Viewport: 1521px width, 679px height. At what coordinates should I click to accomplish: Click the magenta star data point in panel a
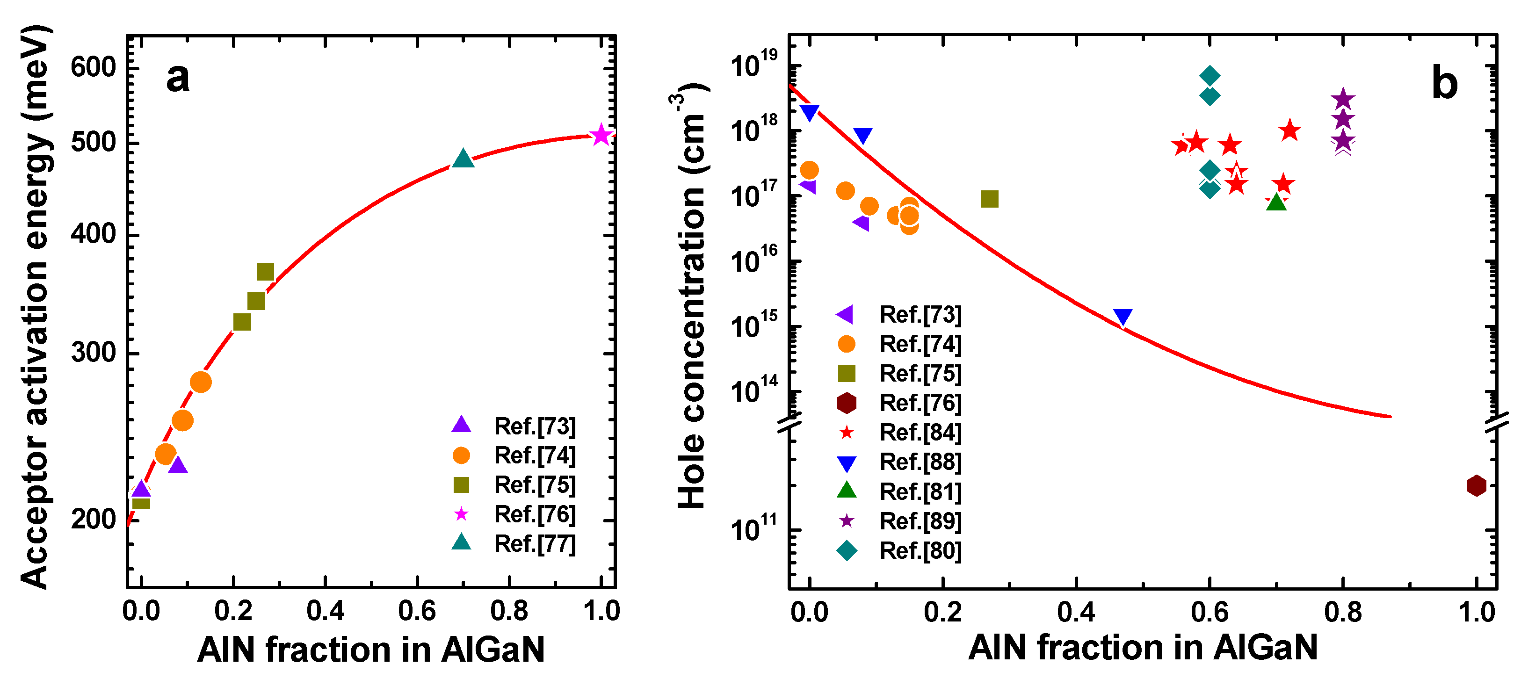click(601, 135)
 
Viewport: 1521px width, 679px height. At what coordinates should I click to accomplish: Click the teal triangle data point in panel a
click(463, 159)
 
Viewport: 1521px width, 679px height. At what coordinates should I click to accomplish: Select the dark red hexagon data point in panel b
click(1476, 485)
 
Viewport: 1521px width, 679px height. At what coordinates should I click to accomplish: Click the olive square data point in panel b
click(990, 199)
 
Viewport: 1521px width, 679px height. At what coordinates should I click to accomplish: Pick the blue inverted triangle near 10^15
click(1123, 317)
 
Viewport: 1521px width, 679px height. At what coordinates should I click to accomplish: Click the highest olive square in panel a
click(265, 272)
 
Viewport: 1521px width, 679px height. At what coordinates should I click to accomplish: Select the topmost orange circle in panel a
click(201, 382)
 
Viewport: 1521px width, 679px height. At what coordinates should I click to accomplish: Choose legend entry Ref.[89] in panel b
click(920, 521)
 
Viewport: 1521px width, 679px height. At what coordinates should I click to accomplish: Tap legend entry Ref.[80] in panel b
click(920, 550)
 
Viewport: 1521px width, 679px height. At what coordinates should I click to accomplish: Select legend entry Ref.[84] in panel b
click(920, 432)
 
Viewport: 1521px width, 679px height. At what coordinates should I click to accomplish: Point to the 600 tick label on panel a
click(93, 67)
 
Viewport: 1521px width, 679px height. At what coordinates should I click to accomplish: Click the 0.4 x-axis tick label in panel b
click(1076, 612)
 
